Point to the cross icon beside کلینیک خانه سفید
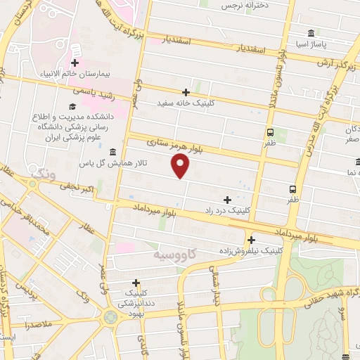186,92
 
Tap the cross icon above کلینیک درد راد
226,200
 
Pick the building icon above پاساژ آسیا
311,33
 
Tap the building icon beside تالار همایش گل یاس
112,152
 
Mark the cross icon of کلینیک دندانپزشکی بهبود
136,282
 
